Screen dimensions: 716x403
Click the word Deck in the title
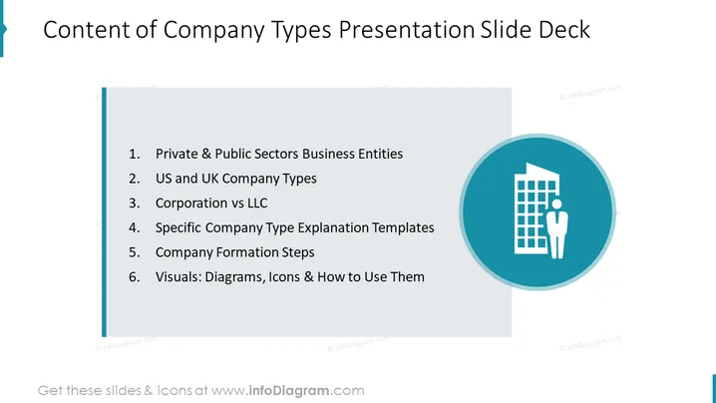(564, 30)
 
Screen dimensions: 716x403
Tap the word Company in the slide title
(212, 31)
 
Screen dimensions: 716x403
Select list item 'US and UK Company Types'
(235, 179)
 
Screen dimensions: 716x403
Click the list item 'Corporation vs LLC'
(211, 202)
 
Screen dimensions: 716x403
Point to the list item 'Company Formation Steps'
(234, 252)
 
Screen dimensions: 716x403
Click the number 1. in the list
(134, 154)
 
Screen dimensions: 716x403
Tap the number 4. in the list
(134, 227)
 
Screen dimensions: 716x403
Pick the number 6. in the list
(134, 277)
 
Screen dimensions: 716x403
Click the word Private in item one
(177, 154)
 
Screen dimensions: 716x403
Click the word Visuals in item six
(179, 277)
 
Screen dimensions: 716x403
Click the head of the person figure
(556, 203)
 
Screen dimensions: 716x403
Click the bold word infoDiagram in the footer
(288, 391)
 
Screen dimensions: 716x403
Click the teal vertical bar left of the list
(104, 212)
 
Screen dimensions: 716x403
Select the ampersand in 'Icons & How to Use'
(308, 277)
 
